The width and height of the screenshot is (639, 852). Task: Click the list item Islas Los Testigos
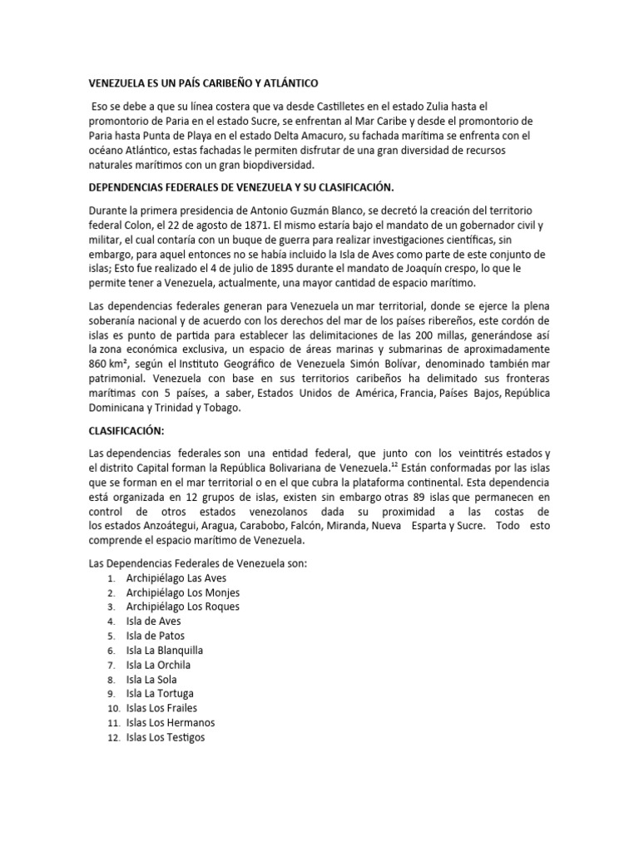coord(166,737)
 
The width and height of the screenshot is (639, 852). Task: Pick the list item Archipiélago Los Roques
coord(183,607)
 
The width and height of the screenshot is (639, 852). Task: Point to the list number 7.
coord(111,666)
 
